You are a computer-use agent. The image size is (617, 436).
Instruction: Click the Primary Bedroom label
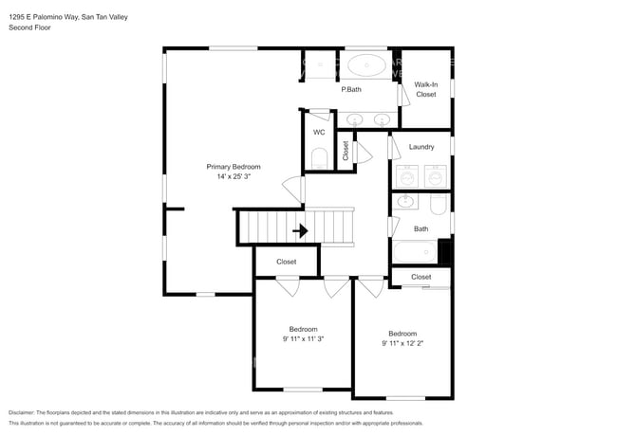point(234,166)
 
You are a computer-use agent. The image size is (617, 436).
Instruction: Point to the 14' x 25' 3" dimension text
point(234,175)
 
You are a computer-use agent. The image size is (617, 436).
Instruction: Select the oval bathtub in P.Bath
point(366,65)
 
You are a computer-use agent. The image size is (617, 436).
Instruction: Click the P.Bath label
point(351,90)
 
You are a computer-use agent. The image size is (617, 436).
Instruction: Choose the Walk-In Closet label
point(425,90)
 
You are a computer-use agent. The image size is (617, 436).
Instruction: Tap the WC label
point(319,132)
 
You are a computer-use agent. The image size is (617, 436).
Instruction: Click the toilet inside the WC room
point(319,156)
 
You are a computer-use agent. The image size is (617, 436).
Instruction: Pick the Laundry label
point(421,147)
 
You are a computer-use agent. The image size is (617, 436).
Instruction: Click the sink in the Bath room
point(405,201)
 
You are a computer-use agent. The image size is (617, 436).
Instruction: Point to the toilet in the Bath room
point(438,204)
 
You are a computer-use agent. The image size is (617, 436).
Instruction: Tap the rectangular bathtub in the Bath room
point(415,251)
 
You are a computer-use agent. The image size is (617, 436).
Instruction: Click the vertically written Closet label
point(346,151)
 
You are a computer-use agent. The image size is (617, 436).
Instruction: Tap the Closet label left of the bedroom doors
point(287,262)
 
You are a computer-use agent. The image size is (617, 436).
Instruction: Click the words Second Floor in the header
point(30,27)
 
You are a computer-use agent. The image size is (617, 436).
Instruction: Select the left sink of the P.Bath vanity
point(355,119)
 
